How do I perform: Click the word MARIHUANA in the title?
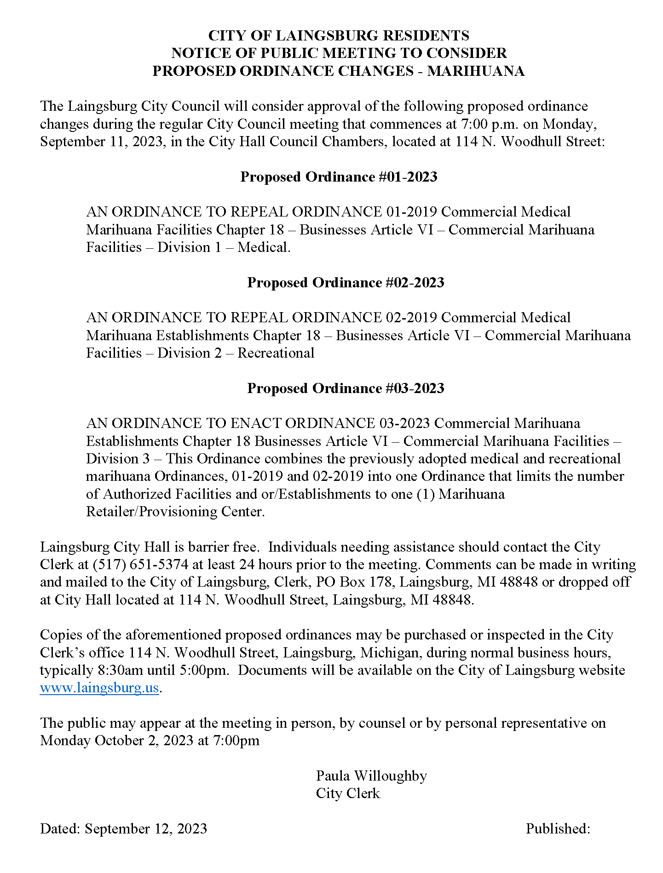(x=476, y=71)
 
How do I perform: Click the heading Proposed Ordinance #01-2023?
(x=339, y=177)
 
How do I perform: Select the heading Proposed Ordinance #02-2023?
(x=346, y=283)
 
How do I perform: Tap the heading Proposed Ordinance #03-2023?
(x=346, y=388)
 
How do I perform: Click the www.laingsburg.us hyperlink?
(x=99, y=688)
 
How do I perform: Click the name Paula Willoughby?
(x=371, y=776)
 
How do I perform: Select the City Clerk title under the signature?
(x=348, y=793)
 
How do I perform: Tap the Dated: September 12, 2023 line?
(x=123, y=828)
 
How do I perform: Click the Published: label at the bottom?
(x=558, y=828)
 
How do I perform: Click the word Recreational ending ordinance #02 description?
(x=276, y=353)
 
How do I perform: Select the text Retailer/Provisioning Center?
(x=175, y=512)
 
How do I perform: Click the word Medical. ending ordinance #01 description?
(x=264, y=247)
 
